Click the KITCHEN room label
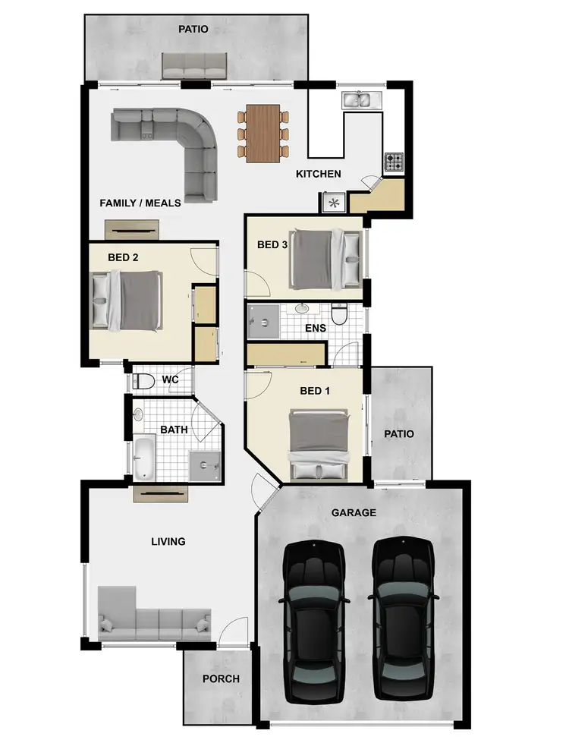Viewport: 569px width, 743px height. pyautogui.click(x=319, y=175)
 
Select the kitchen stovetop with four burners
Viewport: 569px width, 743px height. pyautogui.click(x=395, y=162)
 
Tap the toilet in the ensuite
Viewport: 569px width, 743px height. pyautogui.click(x=339, y=313)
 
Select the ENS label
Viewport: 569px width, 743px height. pyautogui.click(x=315, y=329)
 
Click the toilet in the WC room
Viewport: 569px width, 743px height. pyautogui.click(x=143, y=380)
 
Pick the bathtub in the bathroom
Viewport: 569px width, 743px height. pyautogui.click(x=143, y=458)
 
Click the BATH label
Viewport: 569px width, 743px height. pyautogui.click(x=174, y=430)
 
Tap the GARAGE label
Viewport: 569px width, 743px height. pyautogui.click(x=354, y=513)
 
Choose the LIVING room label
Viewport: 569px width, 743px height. pyautogui.click(x=168, y=542)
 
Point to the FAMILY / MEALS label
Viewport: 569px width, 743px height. pyautogui.click(x=140, y=203)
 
